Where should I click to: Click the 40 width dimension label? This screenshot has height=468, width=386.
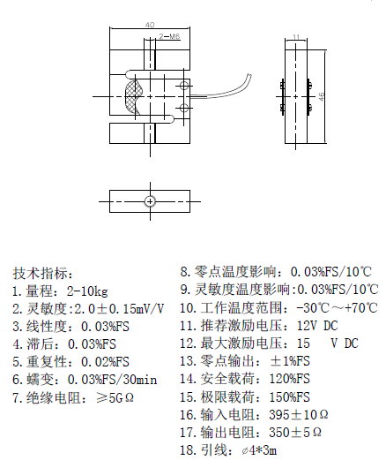(150, 25)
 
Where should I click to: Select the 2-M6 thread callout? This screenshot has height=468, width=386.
(169, 36)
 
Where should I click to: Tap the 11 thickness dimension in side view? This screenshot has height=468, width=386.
(296, 37)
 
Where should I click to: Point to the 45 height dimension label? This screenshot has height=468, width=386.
(321, 96)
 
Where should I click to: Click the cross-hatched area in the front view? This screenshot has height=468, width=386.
(132, 96)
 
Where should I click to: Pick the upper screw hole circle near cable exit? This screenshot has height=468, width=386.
(184, 87)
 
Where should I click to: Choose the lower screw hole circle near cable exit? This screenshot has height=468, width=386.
(184, 108)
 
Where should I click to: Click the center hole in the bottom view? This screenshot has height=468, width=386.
(150, 201)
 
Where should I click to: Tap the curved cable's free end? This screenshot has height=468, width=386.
(249, 76)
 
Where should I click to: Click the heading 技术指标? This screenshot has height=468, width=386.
(42, 273)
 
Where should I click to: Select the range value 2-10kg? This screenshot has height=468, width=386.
(87, 291)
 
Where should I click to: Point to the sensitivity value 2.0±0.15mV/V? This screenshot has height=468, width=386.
(119, 309)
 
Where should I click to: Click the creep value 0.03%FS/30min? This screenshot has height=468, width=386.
(112, 380)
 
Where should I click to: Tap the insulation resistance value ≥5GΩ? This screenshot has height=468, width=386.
(115, 397)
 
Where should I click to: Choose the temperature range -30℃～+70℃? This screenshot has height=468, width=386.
(338, 307)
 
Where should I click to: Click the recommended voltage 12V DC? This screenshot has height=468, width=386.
(317, 326)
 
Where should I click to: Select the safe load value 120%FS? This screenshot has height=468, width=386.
(290, 379)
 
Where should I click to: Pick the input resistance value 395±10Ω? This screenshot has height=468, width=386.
(299, 414)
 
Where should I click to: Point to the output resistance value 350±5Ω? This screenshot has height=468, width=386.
(295, 432)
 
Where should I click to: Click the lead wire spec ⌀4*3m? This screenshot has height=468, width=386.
(259, 450)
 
